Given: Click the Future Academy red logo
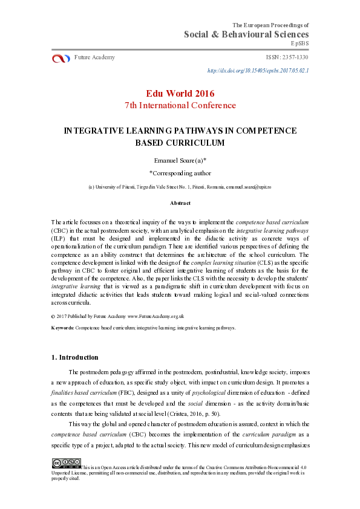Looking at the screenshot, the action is tap(61, 58).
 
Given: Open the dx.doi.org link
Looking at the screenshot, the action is tap(258, 71).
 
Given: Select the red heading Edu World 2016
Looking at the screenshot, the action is tap(180, 93).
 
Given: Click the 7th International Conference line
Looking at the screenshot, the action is tap(180, 105).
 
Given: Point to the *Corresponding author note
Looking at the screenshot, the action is tap(180, 172).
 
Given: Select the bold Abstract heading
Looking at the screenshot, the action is tap(180, 204).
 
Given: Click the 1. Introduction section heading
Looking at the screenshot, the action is tap(74, 357).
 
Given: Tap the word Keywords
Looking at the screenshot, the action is tap(62, 328).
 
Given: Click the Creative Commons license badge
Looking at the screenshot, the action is tap(66, 464).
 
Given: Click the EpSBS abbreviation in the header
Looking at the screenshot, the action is tap(299, 44).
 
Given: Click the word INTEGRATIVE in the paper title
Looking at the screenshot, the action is tap(92, 131).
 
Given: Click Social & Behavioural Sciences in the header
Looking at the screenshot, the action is tap(246, 34).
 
